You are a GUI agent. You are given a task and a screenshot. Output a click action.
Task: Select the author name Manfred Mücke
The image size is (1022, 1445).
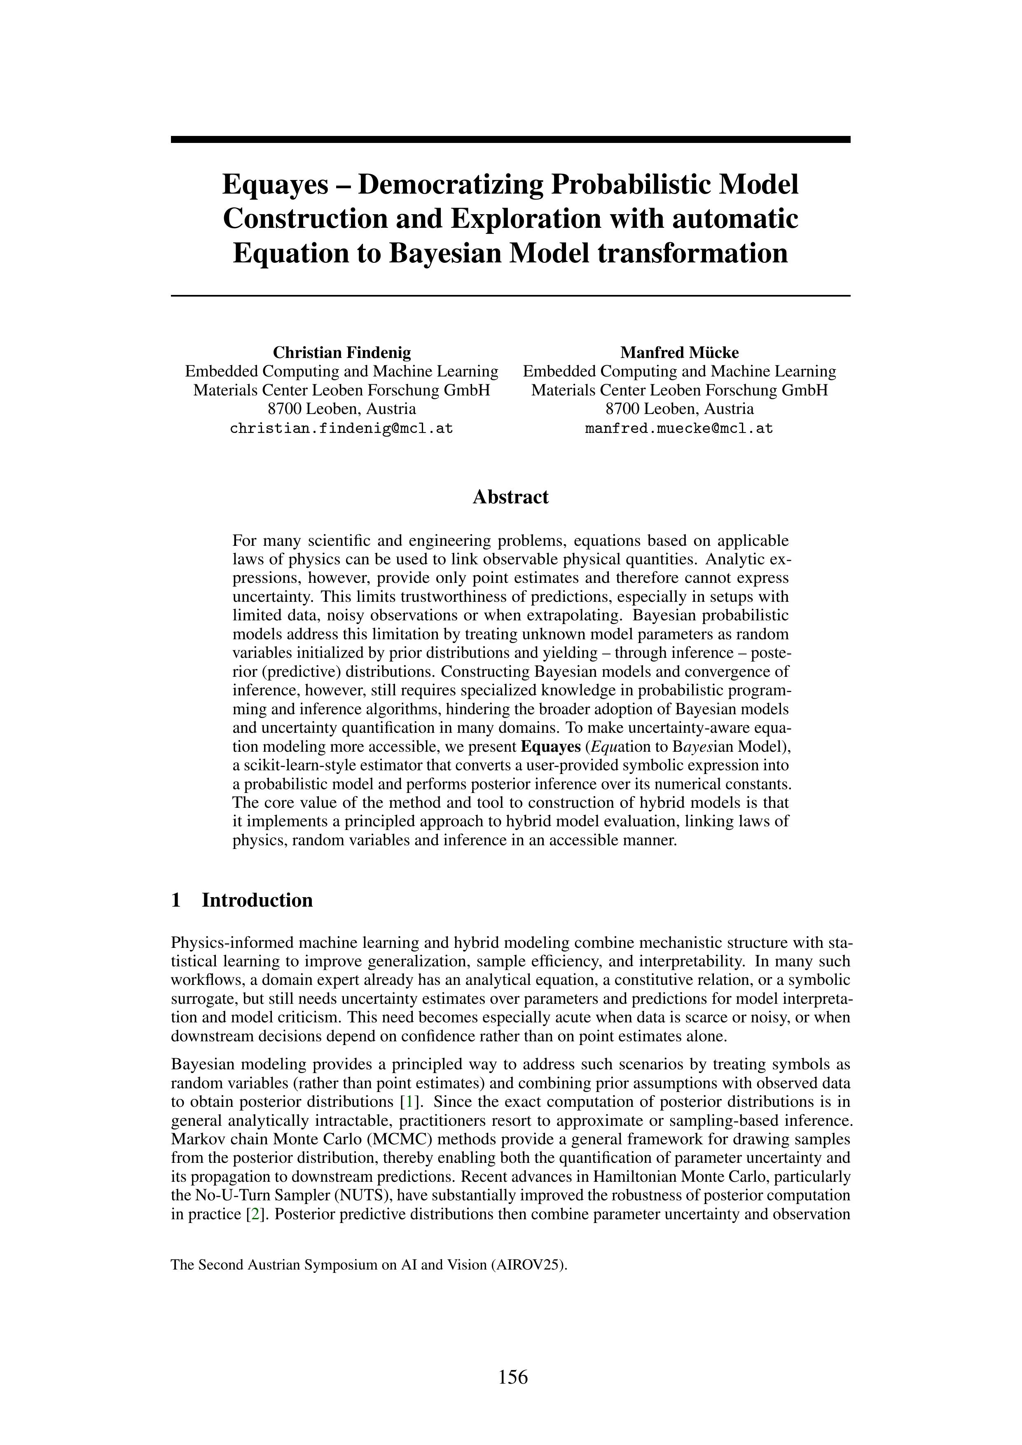tap(679, 353)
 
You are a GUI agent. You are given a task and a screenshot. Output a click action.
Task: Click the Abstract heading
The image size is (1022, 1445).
tap(510, 497)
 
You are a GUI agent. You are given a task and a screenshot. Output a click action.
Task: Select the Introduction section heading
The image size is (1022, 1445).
tap(257, 900)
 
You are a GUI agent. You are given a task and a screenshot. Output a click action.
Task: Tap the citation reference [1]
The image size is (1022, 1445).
tap(410, 1102)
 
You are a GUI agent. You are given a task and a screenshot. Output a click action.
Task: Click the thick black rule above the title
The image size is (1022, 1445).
tap(510, 140)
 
